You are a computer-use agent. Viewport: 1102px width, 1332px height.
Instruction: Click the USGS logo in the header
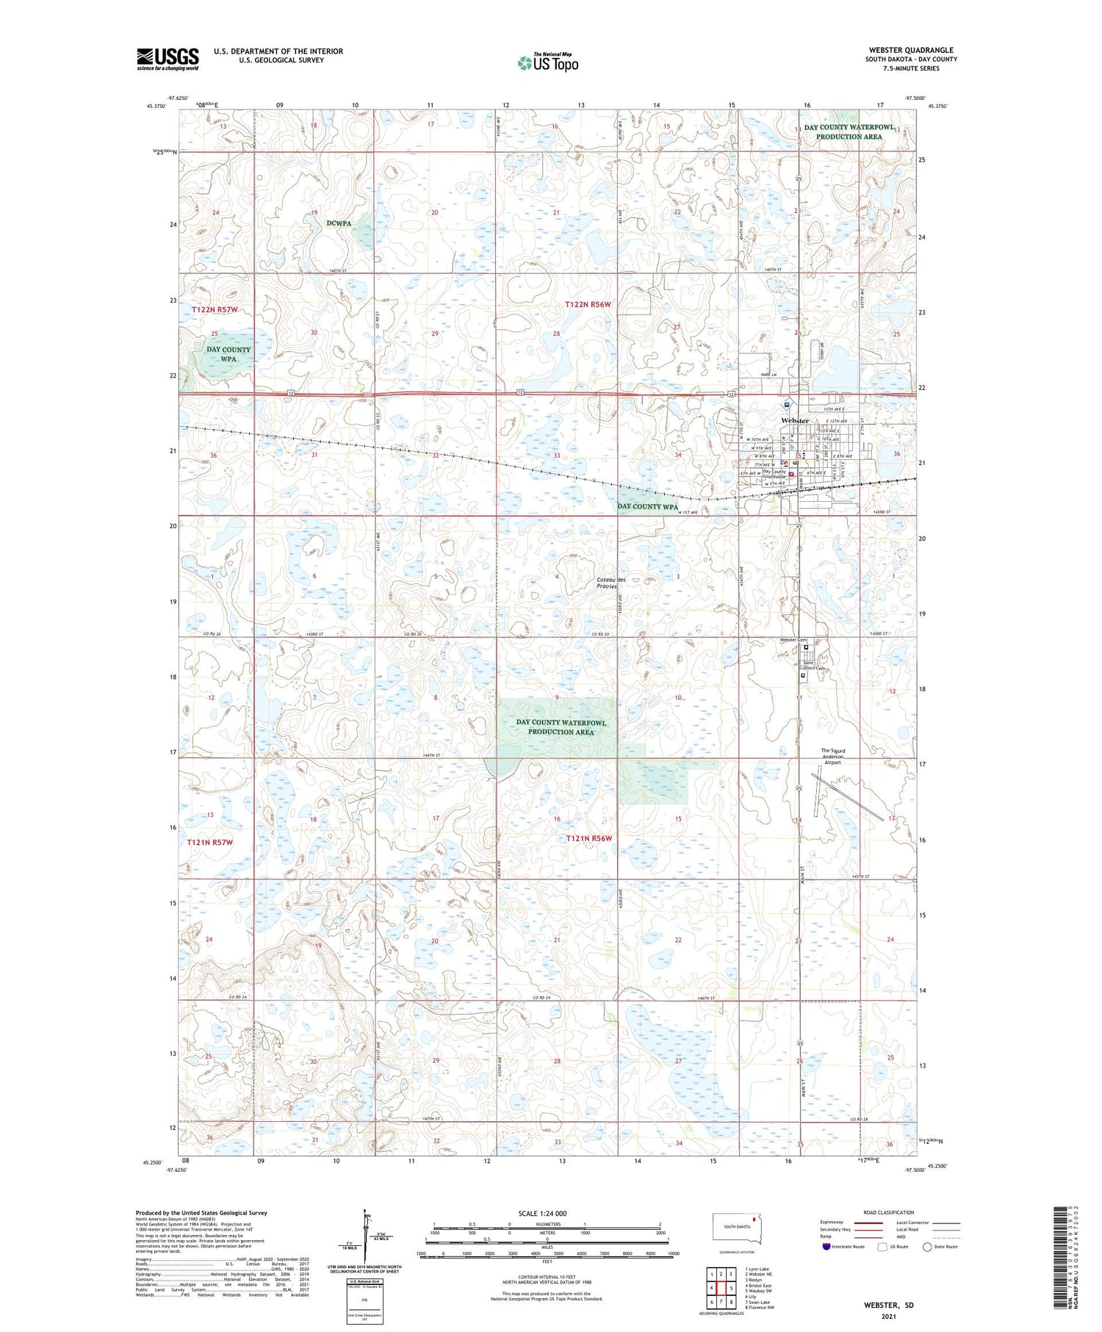point(168,59)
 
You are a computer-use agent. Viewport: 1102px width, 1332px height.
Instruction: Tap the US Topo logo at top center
point(548,62)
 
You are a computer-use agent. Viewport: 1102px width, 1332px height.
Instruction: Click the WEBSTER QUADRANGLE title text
point(910,50)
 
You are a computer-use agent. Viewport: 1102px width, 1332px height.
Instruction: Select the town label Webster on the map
point(794,420)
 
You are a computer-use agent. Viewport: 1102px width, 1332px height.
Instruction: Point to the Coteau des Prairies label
point(611,583)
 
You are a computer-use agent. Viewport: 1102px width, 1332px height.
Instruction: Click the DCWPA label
point(339,223)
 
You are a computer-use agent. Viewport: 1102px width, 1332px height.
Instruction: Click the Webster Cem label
point(792,640)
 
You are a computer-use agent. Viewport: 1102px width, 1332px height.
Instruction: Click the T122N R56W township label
point(588,304)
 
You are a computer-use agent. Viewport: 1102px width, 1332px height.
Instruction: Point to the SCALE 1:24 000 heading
point(542,1214)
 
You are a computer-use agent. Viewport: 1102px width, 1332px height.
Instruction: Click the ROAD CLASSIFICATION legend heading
point(889,1212)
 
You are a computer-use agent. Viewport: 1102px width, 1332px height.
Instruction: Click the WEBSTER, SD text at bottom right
point(888,1305)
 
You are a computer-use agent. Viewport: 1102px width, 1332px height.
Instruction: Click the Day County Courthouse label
point(774,474)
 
